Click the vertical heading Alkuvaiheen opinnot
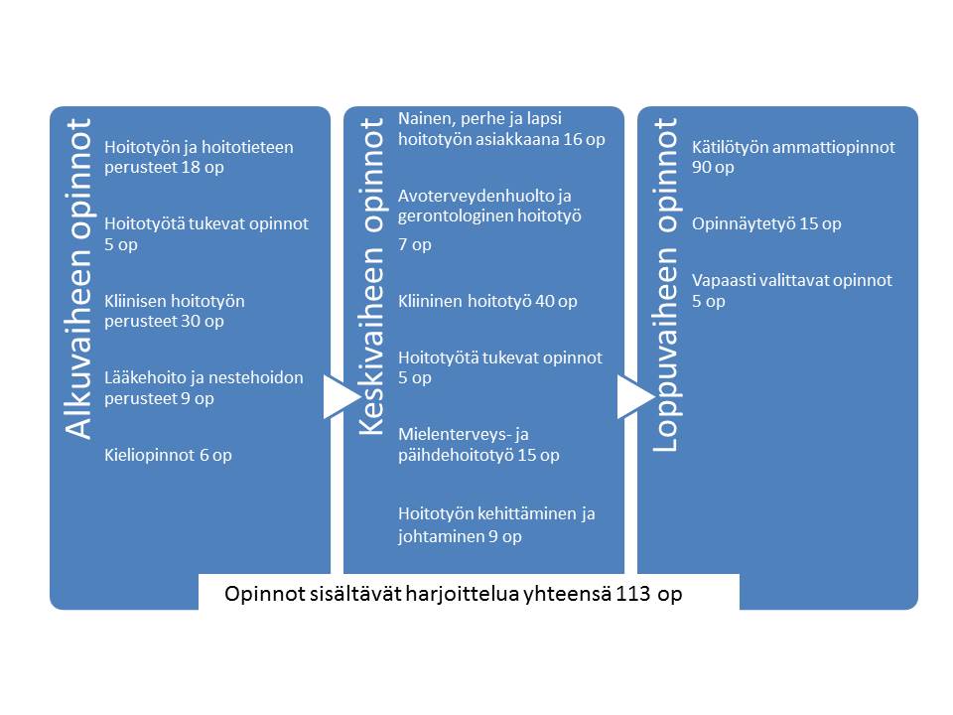coord(78,278)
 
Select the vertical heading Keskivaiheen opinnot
coord(372,277)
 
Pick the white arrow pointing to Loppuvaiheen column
coord(635,397)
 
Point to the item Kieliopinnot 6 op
coord(168,455)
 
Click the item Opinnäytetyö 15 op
coord(766,223)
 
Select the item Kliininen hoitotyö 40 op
coord(487,301)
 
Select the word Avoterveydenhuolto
coord(475,196)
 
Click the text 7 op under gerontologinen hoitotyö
coord(415,244)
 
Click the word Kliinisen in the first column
coord(136,301)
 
